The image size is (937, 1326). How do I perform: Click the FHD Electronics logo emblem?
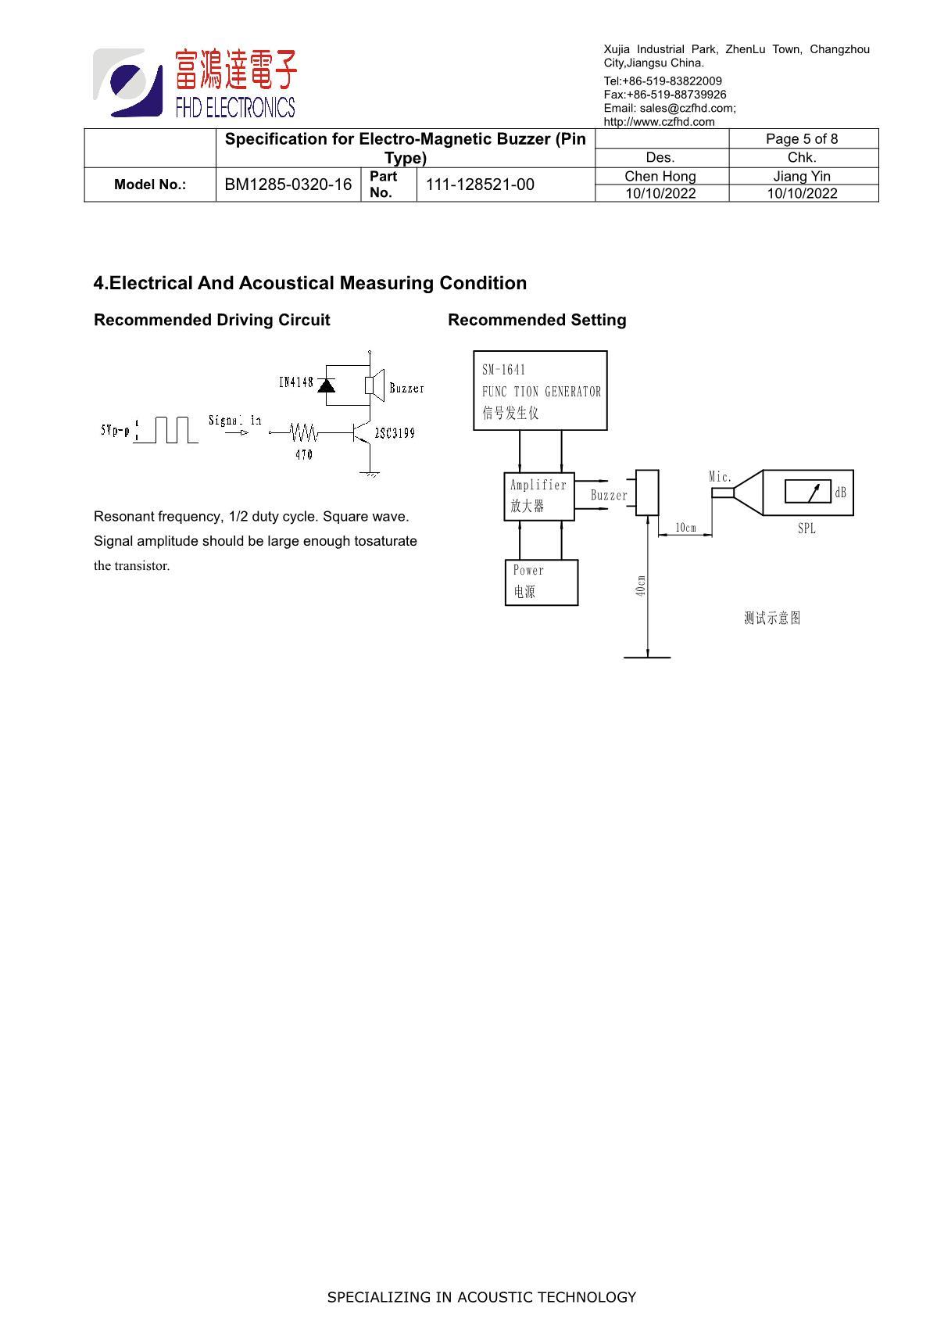(128, 82)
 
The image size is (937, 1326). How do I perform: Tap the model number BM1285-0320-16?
(288, 185)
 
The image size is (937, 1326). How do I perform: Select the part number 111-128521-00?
(480, 185)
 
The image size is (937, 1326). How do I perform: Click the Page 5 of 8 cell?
(802, 138)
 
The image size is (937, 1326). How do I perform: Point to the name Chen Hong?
(660, 177)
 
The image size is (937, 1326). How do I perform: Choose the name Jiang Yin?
(802, 177)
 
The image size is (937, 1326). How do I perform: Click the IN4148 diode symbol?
(326, 385)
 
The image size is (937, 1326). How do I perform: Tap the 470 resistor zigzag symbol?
(304, 432)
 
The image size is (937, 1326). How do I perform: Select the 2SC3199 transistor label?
(395, 433)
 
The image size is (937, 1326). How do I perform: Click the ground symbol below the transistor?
(370, 474)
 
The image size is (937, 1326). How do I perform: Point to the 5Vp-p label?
(115, 430)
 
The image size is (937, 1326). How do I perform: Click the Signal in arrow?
(237, 432)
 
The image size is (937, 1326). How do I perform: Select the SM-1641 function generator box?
(540, 390)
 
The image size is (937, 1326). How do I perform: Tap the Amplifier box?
(539, 496)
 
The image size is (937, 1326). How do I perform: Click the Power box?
(542, 582)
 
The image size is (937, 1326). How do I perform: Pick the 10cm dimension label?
(685, 528)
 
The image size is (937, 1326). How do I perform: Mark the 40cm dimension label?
(641, 586)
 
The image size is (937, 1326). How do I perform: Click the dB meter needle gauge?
(808, 491)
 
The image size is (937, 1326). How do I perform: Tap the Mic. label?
(720, 477)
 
